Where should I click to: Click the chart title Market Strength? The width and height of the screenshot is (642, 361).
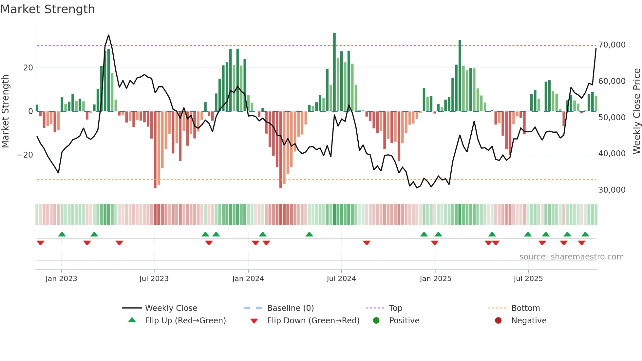(47, 9)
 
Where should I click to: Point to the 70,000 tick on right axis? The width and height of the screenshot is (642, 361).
(612, 45)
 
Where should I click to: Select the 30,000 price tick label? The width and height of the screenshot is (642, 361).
(612, 190)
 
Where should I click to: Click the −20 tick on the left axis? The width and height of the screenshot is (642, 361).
(25, 155)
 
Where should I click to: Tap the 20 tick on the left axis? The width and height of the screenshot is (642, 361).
(28, 68)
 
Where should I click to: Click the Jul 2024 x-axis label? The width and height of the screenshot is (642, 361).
(341, 279)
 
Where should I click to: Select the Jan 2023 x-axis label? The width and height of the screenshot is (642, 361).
(61, 279)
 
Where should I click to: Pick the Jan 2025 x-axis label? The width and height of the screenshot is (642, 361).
(435, 279)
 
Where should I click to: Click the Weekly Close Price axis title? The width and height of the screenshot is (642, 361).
(636, 111)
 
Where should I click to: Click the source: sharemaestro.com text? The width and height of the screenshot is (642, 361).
(571, 257)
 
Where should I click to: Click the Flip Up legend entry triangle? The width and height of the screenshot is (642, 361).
(132, 320)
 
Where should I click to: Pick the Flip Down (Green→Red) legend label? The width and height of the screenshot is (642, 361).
(313, 321)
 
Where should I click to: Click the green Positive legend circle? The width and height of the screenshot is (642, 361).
(376, 321)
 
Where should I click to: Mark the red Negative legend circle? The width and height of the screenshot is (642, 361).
(498, 321)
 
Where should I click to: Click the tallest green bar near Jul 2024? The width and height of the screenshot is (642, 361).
(334, 72)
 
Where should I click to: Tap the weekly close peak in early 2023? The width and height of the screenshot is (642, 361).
(108, 35)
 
